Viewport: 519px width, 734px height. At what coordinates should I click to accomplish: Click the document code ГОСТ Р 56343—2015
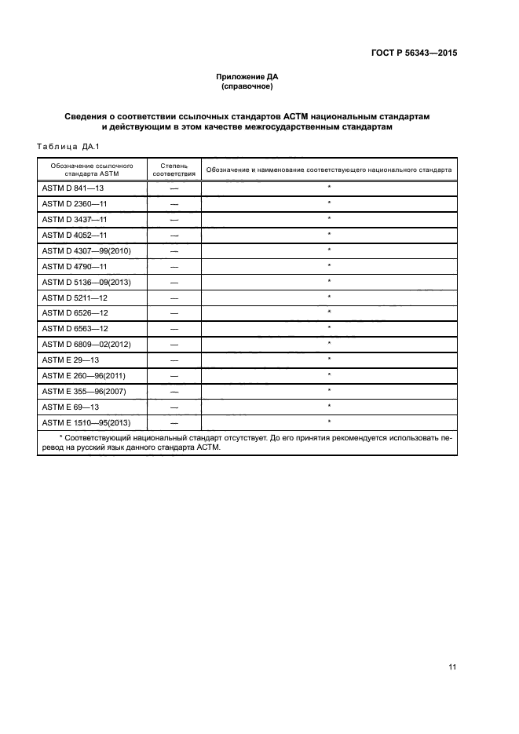click(415, 54)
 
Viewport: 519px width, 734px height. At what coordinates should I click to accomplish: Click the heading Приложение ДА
click(247, 77)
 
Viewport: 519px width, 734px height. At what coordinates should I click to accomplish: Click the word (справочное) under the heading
click(247, 86)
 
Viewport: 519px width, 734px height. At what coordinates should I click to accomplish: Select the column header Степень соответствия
click(174, 170)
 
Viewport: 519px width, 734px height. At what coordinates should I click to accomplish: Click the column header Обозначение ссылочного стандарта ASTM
click(92, 170)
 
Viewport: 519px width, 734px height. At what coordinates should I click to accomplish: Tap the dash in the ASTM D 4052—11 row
click(174, 236)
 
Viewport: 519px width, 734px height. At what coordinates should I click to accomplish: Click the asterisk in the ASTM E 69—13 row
click(329, 406)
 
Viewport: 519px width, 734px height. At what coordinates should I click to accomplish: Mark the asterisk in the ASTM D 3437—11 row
click(329, 219)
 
